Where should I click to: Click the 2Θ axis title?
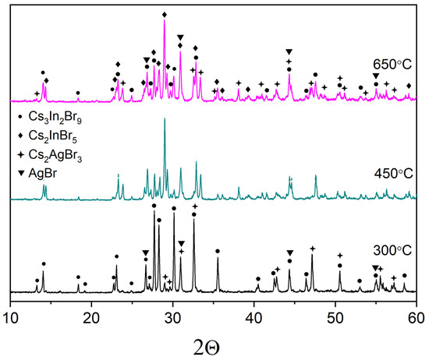211,344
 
